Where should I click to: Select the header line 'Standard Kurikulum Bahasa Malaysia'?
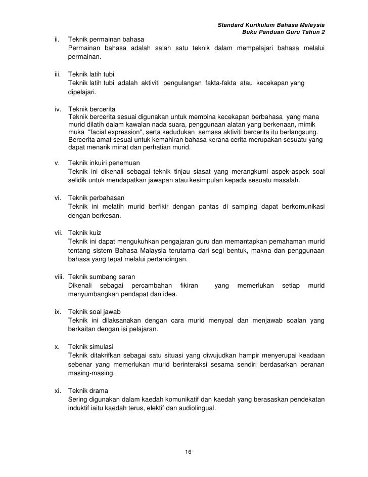[271, 25]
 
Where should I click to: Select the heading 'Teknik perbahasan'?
[96, 197]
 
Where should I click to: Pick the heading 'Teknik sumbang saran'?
[101, 276]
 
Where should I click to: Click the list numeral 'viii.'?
[60, 276]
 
